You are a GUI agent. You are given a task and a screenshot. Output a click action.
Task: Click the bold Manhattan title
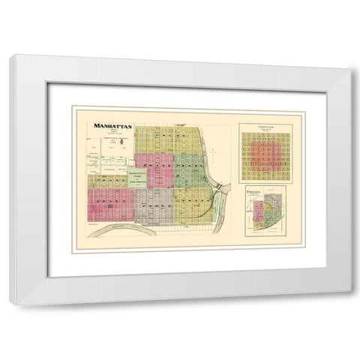pos(113,127)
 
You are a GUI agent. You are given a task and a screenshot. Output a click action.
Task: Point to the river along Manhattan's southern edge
pos(120,228)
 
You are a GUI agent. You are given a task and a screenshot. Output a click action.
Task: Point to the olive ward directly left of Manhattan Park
pos(103,181)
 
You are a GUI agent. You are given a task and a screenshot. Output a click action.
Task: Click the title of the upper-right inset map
pos(265,128)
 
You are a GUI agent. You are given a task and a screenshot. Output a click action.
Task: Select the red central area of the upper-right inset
pos(265,158)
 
